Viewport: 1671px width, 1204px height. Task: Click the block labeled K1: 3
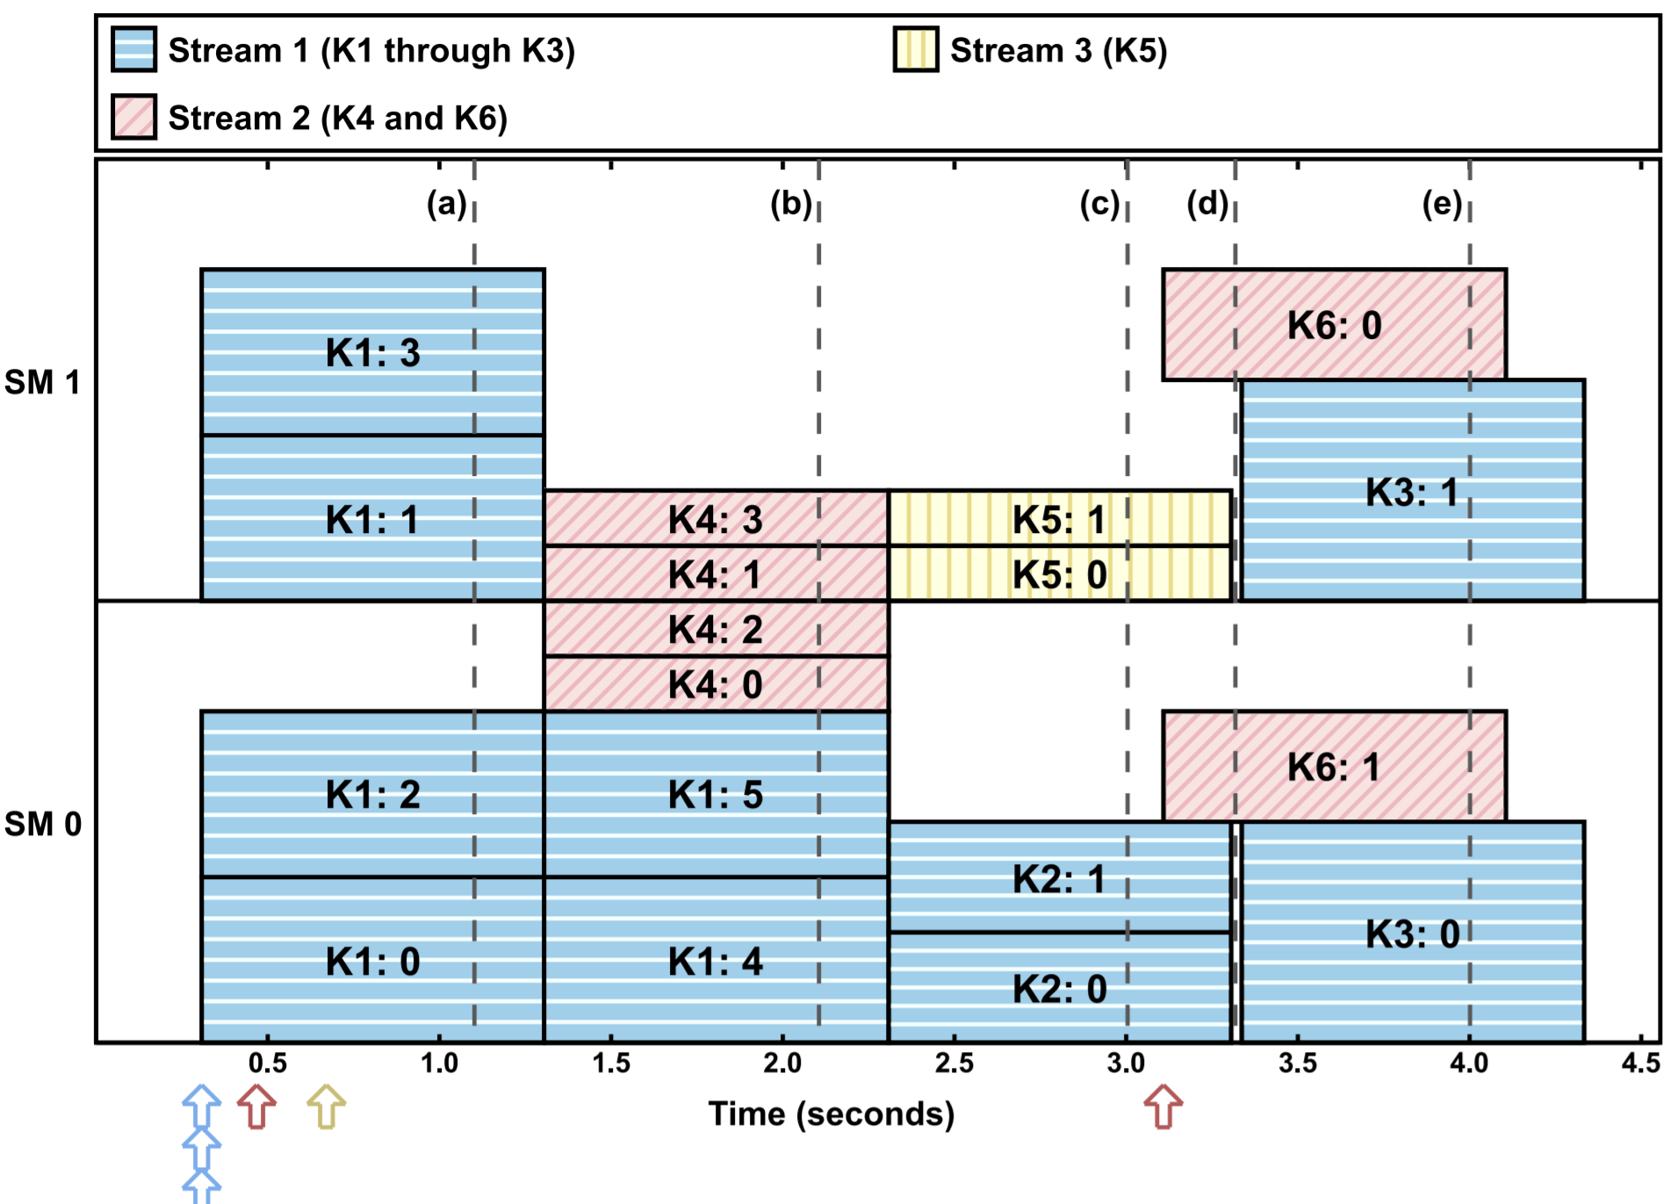click(x=372, y=352)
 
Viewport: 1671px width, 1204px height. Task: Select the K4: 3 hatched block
click(x=715, y=518)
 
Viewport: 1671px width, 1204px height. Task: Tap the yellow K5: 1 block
click(x=1059, y=518)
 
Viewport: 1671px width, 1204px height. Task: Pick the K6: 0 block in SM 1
click(x=1334, y=325)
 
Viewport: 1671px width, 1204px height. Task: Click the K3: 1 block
click(x=1412, y=491)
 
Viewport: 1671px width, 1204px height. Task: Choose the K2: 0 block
click(x=1059, y=988)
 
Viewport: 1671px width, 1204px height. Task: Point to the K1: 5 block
click(x=715, y=794)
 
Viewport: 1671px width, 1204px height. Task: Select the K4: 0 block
click(x=715, y=684)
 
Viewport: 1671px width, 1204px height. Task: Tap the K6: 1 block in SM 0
click(x=1334, y=767)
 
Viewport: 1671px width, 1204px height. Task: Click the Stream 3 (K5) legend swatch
click(x=916, y=49)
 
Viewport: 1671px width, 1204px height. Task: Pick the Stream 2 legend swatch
click(x=133, y=117)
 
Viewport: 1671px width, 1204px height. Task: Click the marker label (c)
click(x=1099, y=204)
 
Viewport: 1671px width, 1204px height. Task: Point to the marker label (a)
click(x=446, y=204)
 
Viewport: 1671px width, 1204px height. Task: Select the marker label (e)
click(x=1442, y=204)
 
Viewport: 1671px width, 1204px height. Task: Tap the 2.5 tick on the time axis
click(x=954, y=1063)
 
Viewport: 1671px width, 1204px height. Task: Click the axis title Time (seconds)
click(x=831, y=1114)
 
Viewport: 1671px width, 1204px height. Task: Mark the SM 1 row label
click(x=42, y=382)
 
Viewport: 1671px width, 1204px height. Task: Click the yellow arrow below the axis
click(x=327, y=1107)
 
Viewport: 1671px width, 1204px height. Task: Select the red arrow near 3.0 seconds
click(x=1163, y=1107)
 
